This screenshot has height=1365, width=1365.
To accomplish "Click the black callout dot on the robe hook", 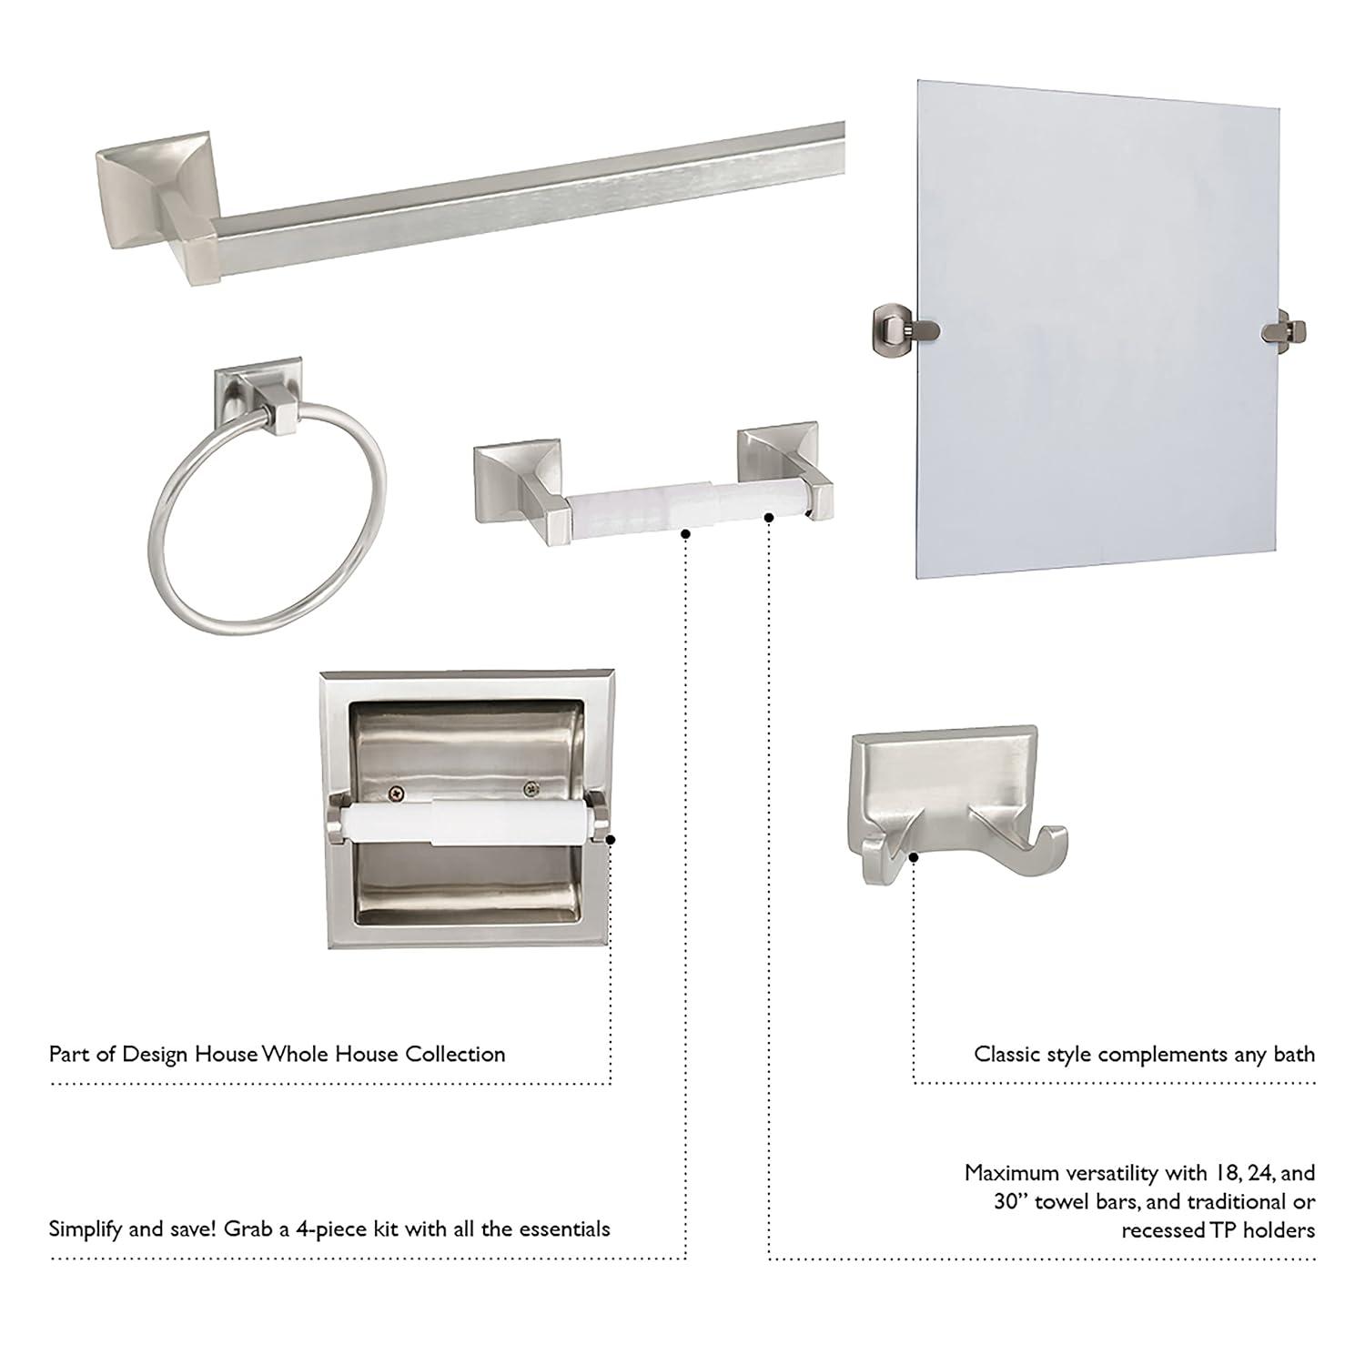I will pyautogui.click(x=915, y=856).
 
